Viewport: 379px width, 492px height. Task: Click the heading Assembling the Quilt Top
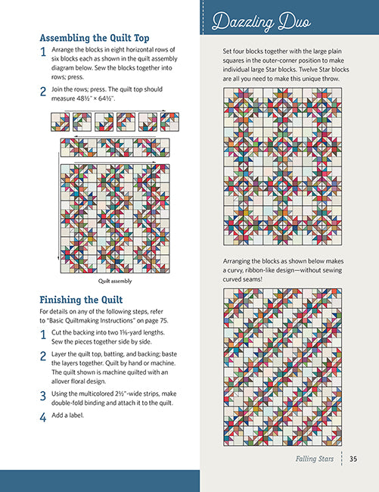[x=95, y=38]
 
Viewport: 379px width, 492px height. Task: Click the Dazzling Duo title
[x=261, y=22]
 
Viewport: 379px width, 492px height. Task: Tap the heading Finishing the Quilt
[x=81, y=300]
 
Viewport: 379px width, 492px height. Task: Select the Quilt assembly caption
[x=115, y=281]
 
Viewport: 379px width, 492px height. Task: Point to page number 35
[x=353, y=459]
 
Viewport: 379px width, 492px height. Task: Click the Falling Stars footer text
[x=315, y=459]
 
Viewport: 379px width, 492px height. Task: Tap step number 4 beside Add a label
[x=43, y=417]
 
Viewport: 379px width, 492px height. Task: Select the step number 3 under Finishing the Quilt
[x=43, y=396]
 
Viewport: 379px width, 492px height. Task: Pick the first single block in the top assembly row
[x=61, y=122]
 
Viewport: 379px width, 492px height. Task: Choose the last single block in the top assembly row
[x=169, y=122]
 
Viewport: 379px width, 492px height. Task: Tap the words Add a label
[x=68, y=415]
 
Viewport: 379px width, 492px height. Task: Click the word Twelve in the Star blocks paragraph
[x=313, y=70]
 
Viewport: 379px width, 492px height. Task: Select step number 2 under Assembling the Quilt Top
[x=43, y=92]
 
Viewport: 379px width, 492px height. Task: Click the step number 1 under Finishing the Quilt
[x=43, y=335]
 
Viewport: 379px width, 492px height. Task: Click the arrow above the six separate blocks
[x=115, y=111]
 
